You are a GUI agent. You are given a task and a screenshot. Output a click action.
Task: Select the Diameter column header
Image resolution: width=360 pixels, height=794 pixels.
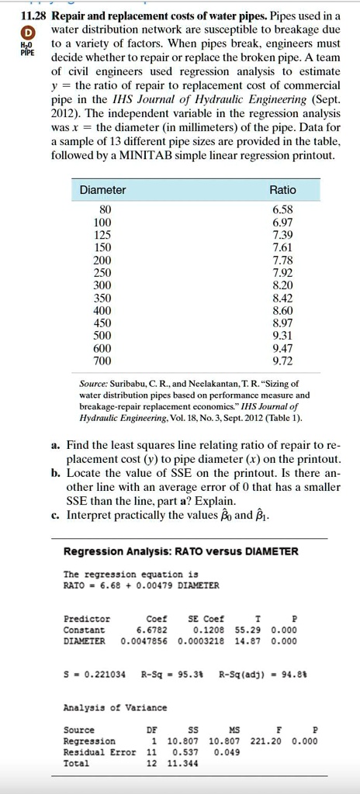click(102, 190)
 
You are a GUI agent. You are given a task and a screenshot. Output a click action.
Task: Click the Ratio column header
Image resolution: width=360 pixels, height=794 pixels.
click(282, 190)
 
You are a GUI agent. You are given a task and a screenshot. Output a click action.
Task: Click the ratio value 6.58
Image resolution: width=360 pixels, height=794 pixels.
click(282, 209)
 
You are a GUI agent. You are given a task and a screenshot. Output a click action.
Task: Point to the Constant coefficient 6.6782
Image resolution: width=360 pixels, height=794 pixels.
click(153, 630)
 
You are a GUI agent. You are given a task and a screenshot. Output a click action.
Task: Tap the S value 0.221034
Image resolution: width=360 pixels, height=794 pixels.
click(100, 673)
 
